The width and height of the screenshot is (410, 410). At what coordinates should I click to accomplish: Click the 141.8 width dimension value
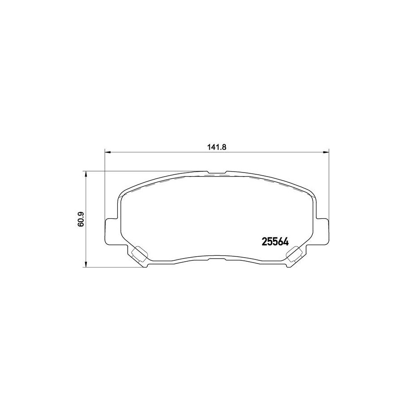click(x=217, y=147)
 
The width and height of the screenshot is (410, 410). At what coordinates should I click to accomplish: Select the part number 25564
click(x=275, y=242)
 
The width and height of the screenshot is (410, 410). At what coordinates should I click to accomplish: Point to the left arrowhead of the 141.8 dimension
click(x=108, y=151)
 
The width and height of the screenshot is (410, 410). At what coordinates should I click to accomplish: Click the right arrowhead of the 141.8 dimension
click(x=326, y=151)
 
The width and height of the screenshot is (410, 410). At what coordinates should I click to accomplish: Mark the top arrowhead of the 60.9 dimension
click(x=85, y=174)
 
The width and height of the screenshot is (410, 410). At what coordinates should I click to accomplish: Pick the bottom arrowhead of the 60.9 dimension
click(x=85, y=264)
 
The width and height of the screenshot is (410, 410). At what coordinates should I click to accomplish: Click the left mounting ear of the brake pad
click(x=113, y=231)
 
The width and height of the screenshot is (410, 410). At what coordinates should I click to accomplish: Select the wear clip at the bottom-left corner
click(x=139, y=254)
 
